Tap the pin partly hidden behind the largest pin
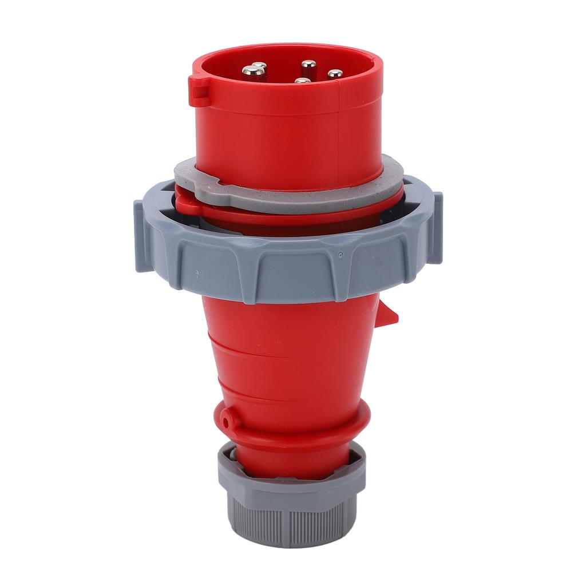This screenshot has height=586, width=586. pyautogui.click(x=260, y=65)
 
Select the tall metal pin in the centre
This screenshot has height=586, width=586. pyautogui.click(x=308, y=67)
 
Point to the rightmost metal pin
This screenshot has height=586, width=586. pyautogui.click(x=335, y=74)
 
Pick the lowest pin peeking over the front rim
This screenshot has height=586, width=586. pyautogui.click(x=303, y=81)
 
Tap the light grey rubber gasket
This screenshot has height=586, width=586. pyautogui.click(x=286, y=197)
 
